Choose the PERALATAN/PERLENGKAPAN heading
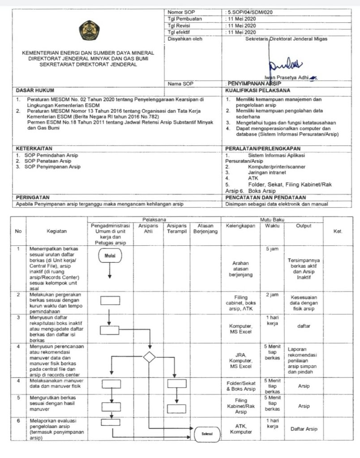[x=263, y=148]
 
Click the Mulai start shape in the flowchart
[x=110, y=256]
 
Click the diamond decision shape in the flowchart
[x=149, y=357]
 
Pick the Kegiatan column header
[x=56, y=231]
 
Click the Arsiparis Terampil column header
[x=176, y=229]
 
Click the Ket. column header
[x=338, y=231]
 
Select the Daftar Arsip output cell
[x=304, y=428]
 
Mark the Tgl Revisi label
[x=179, y=26]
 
